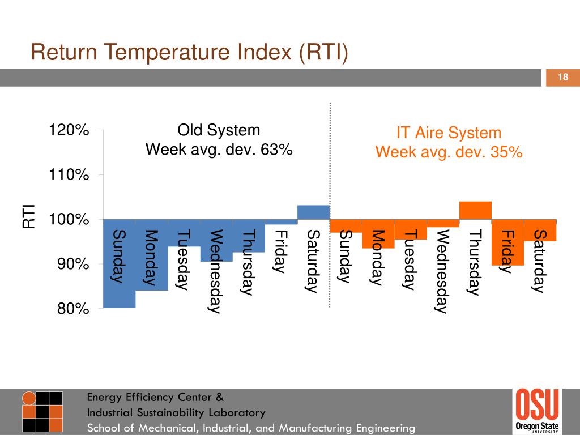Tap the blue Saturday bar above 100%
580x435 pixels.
(x=314, y=212)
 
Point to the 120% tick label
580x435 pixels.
(x=69, y=130)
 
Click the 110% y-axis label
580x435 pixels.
(x=69, y=175)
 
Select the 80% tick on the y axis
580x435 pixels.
(x=71, y=309)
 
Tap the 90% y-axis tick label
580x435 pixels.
(x=71, y=265)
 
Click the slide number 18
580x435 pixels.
(x=563, y=78)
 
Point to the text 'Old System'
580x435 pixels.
(x=219, y=130)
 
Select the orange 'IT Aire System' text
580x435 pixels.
(x=449, y=133)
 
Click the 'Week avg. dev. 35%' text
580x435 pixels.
(x=449, y=152)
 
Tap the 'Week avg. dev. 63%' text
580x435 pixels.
(x=219, y=150)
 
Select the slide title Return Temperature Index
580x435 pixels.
(x=189, y=53)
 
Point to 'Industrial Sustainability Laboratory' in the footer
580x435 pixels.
(x=176, y=412)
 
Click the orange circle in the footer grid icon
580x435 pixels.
(x=28, y=398)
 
